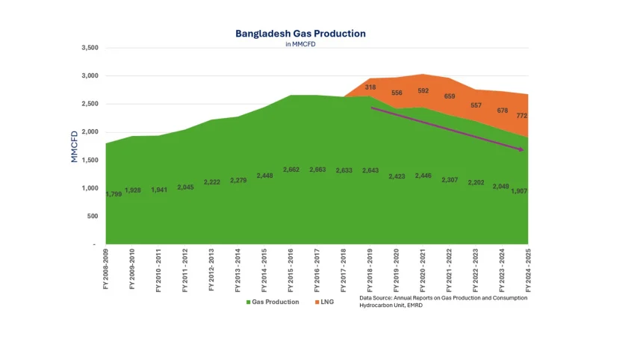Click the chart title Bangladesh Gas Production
coord(300,34)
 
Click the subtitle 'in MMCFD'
coord(300,45)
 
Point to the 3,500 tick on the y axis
coord(88,48)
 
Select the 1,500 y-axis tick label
coord(88,160)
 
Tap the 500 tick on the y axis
coord(91,217)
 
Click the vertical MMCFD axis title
coord(75,146)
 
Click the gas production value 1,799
coord(114,194)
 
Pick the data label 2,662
coord(291,170)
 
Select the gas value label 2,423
coord(397,176)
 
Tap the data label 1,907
coord(519,191)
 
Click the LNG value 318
coord(370,87)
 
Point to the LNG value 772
coord(522,116)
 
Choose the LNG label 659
coord(449,96)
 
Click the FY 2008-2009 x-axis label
coord(106,271)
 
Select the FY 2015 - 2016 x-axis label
coord(290,271)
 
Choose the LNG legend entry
coord(329,302)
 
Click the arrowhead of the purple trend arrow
coord(521,150)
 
